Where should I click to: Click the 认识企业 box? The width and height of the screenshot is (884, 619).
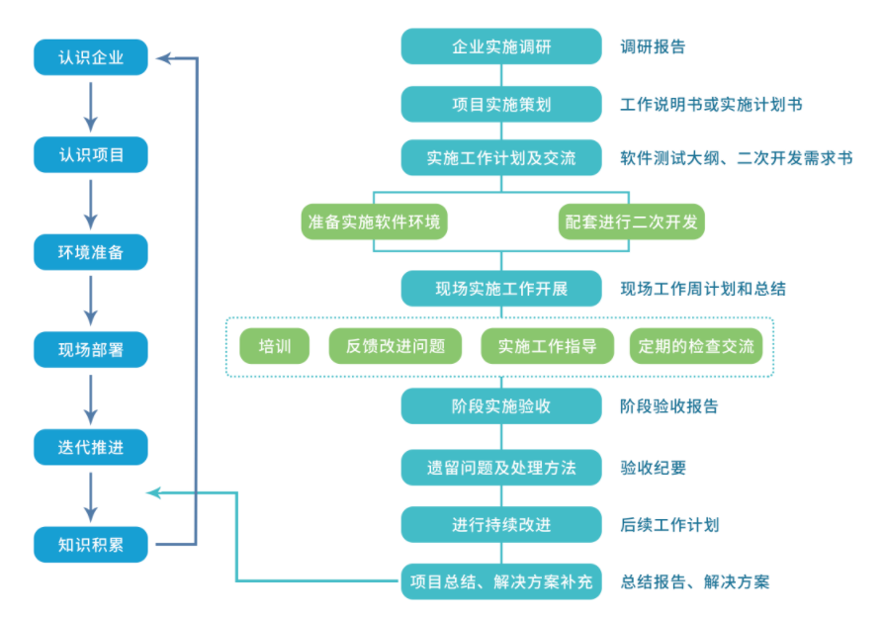coord(91,57)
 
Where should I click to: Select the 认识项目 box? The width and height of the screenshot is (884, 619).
coord(91,155)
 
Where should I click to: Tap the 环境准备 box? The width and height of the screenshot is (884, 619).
coord(91,252)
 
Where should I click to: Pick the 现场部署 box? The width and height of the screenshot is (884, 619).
coord(91,349)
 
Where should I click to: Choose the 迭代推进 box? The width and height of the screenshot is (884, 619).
coord(91,447)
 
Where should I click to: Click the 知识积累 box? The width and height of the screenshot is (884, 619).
coord(91,544)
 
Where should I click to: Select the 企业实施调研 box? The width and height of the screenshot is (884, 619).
coord(501,46)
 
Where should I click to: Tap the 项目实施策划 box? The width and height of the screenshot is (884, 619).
coord(501,104)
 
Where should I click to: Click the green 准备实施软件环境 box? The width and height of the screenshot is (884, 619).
coord(375,221)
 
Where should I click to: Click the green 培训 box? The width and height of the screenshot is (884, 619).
coord(275,346)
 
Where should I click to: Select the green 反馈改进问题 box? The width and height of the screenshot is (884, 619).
coord(396,346)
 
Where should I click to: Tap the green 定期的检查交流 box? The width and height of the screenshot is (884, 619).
coord(696,346)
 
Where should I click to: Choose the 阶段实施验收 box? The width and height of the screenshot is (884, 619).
coord(501,406)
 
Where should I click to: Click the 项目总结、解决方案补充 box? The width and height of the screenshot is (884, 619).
coord(501,581)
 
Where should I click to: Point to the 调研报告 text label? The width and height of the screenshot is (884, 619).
coord(653,46)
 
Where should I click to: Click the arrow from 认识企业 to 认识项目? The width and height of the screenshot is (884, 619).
coord(91,106)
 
